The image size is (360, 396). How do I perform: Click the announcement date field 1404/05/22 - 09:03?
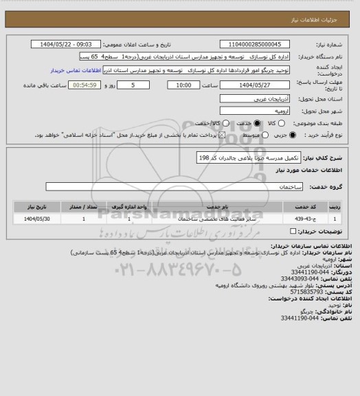(x=67, y=43)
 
